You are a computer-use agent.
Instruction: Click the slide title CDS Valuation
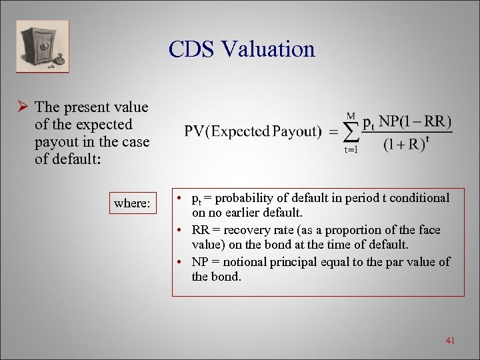(x=241, y=49)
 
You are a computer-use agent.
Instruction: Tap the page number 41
(x=449, y=341)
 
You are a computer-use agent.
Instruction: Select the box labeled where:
(x=131, y=203)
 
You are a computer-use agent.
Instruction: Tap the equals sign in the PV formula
(x=331, y=132)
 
